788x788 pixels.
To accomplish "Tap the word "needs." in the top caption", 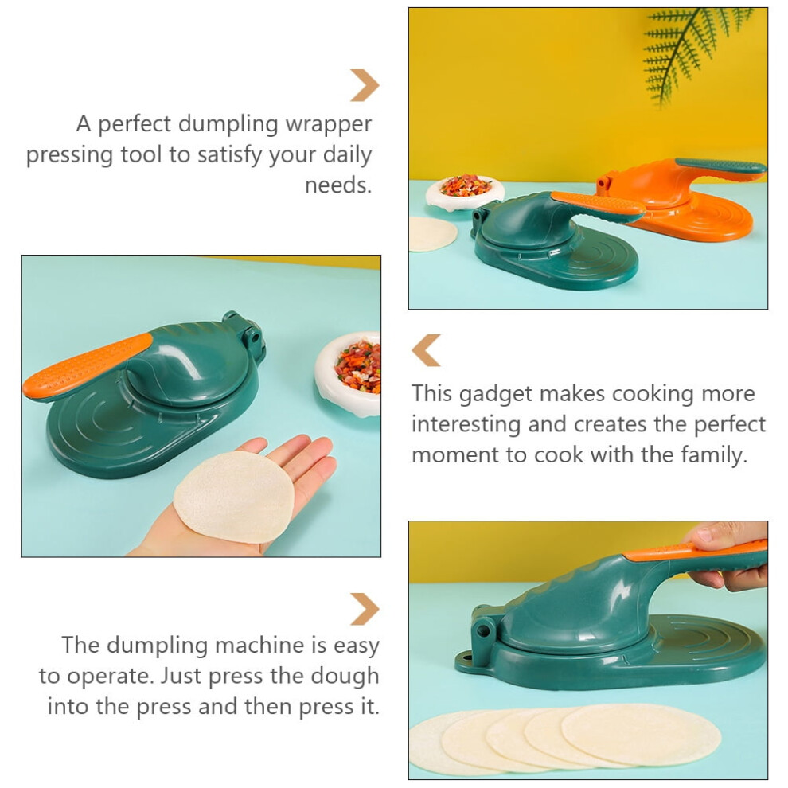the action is pyautogui.click(x=338, y=185).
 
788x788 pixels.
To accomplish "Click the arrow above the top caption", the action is pyautogui.click(x=365, y=85).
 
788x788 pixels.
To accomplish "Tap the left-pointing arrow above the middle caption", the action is pyautogui.click(x=426, y=350).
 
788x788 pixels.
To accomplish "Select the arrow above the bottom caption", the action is pyautogui.click(x=365, y=609).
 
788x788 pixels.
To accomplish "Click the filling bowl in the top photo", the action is pyautogui.click(x=465, y=193).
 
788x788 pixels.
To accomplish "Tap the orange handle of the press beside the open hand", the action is pyautogui.click(x=88, y=366).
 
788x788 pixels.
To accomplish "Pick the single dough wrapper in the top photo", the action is pyautogui.click(x=433, y=234).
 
